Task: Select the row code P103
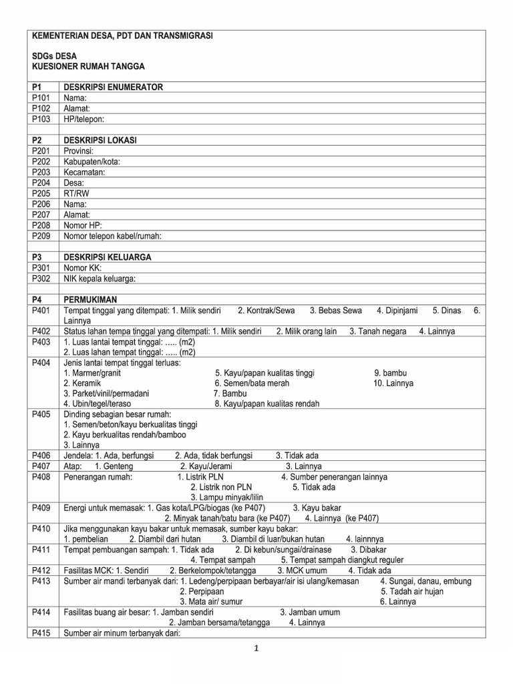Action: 41,119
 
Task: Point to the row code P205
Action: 41,194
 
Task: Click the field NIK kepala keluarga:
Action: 104,279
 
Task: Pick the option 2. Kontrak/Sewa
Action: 267,311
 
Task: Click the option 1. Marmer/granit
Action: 98,373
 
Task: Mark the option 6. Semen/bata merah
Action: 255,383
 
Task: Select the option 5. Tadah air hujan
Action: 412,591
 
